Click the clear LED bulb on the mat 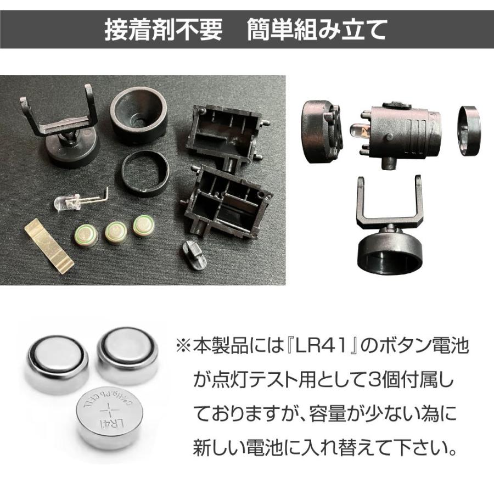click(67, 204)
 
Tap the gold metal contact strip click(49, 245)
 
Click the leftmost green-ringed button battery click(86, 235)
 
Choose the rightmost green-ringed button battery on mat click(144, 224)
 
